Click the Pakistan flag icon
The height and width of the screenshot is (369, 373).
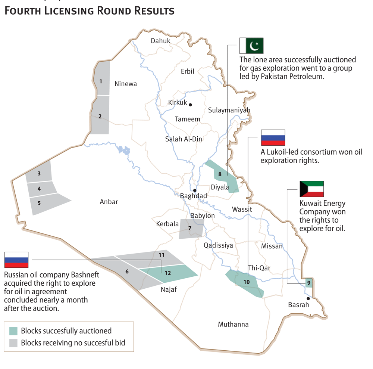[x=251, y=46]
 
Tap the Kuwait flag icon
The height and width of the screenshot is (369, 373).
[x=311, y=189]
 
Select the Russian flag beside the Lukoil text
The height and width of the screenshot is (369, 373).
[x=273, y=137]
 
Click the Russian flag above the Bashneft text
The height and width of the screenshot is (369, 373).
[x=16, y=260]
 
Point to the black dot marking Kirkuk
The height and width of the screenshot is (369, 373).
[x=190, y=105]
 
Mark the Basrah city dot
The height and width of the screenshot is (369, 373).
[x=308, y=298]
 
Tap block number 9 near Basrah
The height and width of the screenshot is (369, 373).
[x=309, y=283]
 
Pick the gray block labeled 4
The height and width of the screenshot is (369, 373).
[x=40, y=189]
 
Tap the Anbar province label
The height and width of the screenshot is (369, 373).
[x=109, y=202]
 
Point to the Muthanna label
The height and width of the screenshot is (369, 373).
[x=233, y=324]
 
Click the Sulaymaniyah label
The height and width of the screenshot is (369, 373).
[x=229, y=110]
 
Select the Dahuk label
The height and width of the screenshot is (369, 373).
[x=160, y=41]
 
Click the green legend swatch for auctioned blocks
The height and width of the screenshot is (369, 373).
[x=13, y=331]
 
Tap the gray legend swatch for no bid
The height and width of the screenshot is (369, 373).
[x=13, y=343]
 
